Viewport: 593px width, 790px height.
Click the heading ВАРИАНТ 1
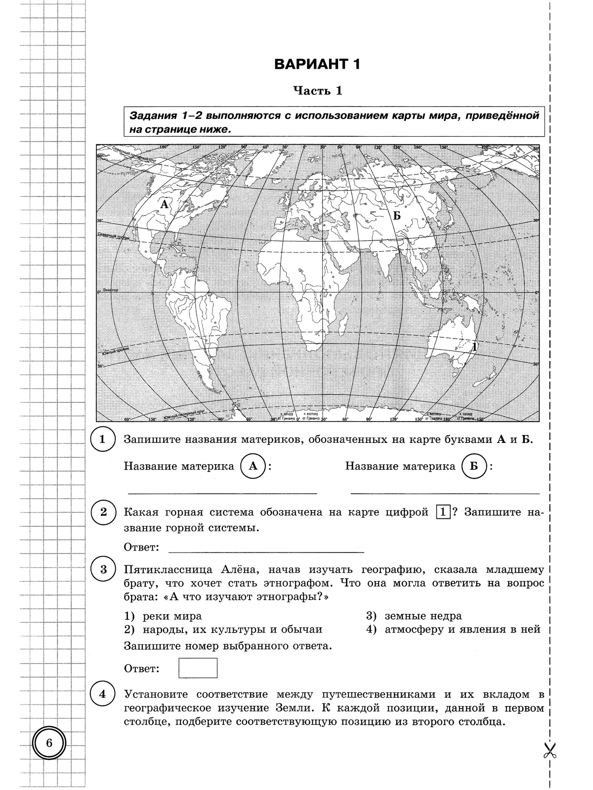coord(317,65)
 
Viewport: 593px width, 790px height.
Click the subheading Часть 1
coord(317,91)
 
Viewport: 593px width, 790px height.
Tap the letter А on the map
coord(164,204)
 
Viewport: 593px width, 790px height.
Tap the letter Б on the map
coord(396,215)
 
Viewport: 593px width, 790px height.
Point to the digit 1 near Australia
coord(475,347)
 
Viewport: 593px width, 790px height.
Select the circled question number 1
coord(103,439)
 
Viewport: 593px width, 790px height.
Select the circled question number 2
coord(103,512)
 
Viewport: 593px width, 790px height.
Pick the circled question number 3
coord(103,570)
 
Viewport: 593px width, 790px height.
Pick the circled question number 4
coord(103,695)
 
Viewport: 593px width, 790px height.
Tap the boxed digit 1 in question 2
coord(443,513)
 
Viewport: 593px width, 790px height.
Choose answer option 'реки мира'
coord(172,616)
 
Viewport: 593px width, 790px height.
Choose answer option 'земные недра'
coord(423,616)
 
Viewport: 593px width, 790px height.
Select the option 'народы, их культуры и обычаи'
coord(232,630)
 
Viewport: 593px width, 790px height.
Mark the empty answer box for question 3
coord(198,668)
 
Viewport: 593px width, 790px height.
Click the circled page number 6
coord(49,743)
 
